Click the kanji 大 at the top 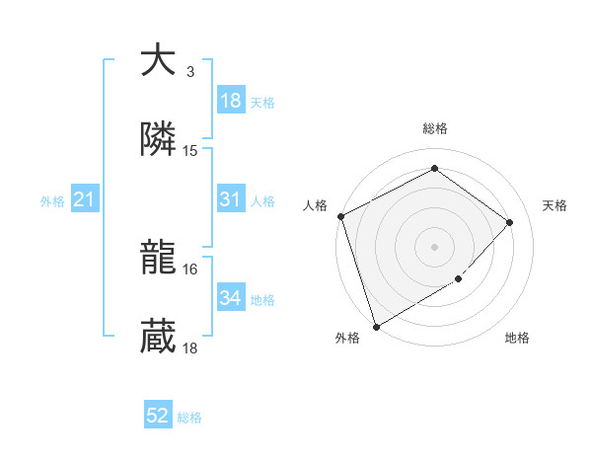[x=158, y=61]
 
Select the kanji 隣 [x=158, y=140]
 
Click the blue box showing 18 [x=231, y=101]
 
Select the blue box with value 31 [x=231, y=199]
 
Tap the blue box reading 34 [x=231, y=298]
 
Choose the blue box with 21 [x=85, y=200]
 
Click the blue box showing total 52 [x=158, y=417]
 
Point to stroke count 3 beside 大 [x=190, y=72]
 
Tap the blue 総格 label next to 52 [x=189, y=418]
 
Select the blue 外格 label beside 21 [x=52, y=201]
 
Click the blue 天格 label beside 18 [x=262, y=102]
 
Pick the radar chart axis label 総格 [x=434, y=128]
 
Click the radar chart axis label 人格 [x=315, y=205]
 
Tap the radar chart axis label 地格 [x=517, y=339]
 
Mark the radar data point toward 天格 [x=510, y=222]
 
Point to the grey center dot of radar [x=434, y=246]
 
